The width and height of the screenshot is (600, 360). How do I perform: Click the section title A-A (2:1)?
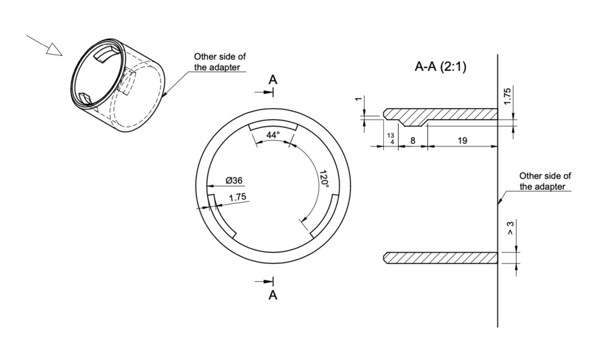tap(441, 67)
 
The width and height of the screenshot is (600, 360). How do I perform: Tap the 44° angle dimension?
tap(273, 135)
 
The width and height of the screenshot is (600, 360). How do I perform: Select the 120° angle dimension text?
tap(324, 179)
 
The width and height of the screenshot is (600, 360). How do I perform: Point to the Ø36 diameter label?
tap(234, 180)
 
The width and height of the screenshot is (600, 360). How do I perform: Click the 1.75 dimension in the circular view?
tap(237, 197)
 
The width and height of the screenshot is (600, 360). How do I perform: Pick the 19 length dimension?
tap(462, 141)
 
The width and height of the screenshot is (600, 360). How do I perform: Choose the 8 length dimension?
tap(413, 141)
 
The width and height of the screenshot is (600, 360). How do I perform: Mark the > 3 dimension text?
tap(511, 228)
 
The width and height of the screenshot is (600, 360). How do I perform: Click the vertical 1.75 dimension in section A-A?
tap(507, 96)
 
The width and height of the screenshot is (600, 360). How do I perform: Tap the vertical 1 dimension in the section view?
tap(359, 99)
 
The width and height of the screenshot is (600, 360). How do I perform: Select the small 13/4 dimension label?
tap(391, 139)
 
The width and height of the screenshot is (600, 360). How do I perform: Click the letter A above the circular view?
tap(273, 80)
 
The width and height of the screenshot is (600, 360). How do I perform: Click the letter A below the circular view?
tap(273, 295)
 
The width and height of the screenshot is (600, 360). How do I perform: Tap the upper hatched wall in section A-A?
tap(440, 117)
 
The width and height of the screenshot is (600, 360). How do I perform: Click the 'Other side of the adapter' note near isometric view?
tap(219, 62)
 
